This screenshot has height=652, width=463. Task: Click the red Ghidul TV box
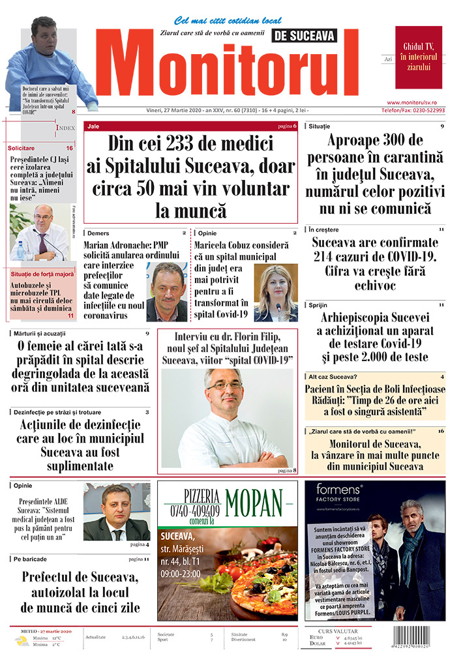[x=418, y=57]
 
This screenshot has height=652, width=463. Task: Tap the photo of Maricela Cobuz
[x=276, y=293]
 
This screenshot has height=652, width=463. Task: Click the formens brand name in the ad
[x=339, y=488]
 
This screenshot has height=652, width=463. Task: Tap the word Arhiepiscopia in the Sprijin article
[x=351, y=318]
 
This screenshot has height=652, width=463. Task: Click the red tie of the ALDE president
[x=117, y=534]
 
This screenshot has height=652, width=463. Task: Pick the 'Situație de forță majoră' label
[x=42, y=274]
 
